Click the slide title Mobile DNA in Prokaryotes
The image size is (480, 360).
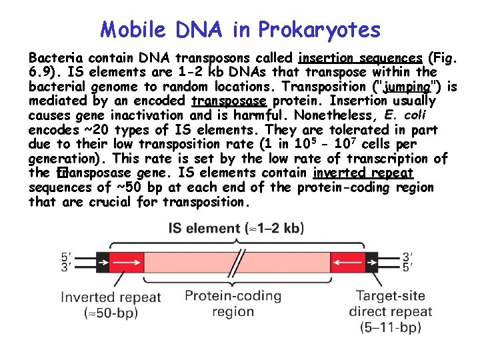pyautogui.click(x=240, y=29)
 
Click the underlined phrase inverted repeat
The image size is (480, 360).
pyautogui.click(x=363, y=173)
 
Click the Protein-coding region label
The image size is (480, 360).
pyautogui.click(x=233, y=303)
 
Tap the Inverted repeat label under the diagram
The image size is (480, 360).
pyautogui.click(x=111, y=297)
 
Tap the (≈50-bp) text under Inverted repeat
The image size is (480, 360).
pyautogui.click(x=111, y=312)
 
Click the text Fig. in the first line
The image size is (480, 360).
pyautogui.click(x=443, y=57)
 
